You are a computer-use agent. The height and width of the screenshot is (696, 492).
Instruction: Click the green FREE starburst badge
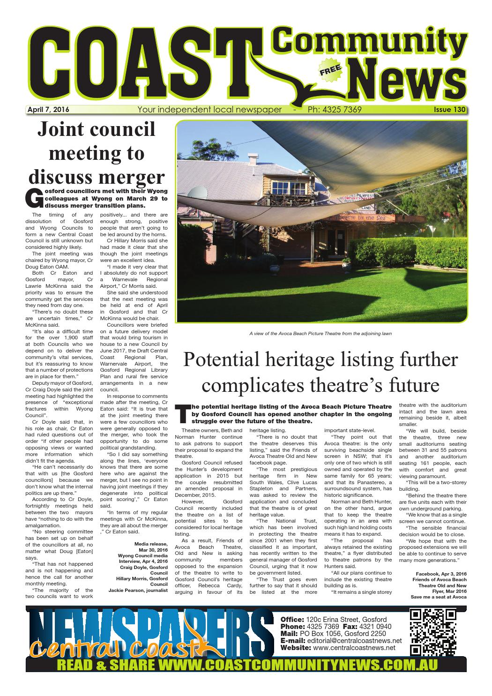click(330, 71)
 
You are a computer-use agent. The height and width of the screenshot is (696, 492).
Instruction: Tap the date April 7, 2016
click(48, 110)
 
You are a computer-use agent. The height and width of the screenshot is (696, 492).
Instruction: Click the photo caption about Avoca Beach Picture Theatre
click(321, 334)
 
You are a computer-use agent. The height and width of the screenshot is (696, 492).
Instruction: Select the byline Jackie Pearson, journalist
click(138, 591)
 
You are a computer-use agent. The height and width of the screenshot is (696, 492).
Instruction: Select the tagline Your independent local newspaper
click(209, 110)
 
